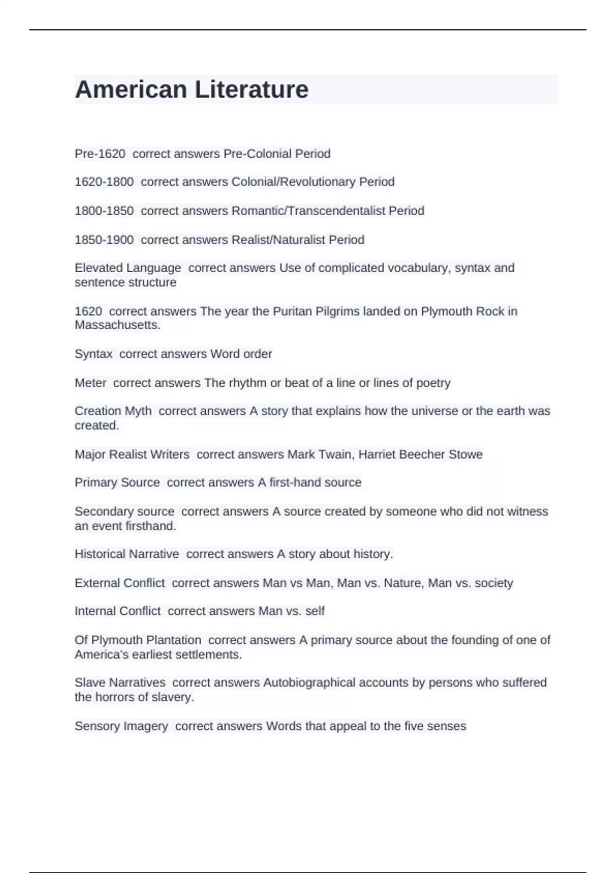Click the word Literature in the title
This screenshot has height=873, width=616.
coord(252,89)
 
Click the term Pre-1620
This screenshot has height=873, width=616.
coord(100,154)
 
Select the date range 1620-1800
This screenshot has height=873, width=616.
coord(104,182)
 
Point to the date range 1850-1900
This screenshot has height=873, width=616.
coord(104,240)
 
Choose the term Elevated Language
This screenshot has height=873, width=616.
coord(128,268)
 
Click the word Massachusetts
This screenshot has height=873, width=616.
coord(117,325)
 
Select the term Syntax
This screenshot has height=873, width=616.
coord(93,354)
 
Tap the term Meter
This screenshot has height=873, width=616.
coord(90,383)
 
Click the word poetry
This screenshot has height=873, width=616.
coord(433,383)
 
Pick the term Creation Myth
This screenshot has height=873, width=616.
coord(113,411)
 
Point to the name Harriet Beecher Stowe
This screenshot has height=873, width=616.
coord(420,454)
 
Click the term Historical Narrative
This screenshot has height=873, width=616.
coord(127,554)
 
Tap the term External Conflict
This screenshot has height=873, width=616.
coord(120,583)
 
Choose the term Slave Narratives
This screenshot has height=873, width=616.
coord(120,682)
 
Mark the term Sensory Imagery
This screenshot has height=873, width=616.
coord(121,726)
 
